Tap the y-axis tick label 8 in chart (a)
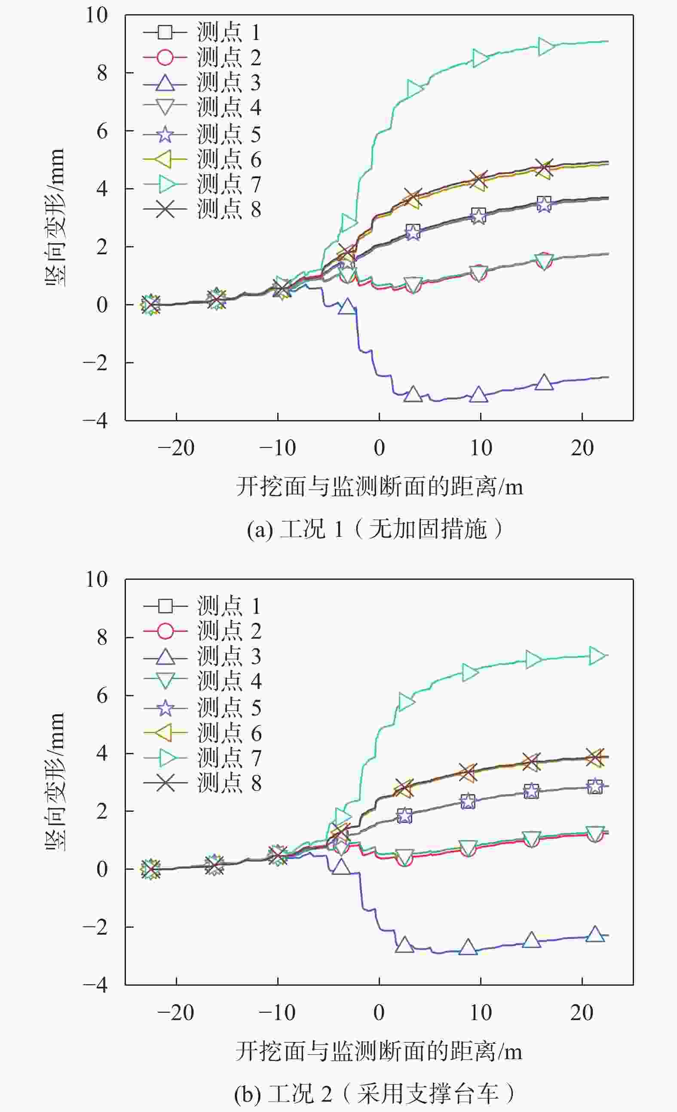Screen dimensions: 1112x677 tap(102, 73)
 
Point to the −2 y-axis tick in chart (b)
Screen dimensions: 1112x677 tap(96, 927)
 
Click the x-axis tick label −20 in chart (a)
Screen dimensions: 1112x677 tap(176, 448)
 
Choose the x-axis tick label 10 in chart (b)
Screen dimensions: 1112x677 tap(481, 1013)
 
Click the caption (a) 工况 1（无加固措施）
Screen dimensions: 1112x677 tap(374, 529)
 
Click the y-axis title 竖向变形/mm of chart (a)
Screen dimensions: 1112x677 tap(55, 217)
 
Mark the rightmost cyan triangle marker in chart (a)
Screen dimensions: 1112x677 tap(546, 46)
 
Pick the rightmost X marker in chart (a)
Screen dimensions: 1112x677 tap(544, 168)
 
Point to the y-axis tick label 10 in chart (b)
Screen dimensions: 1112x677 tap(97, 579)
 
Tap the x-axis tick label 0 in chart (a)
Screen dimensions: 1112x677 tap(380, 448)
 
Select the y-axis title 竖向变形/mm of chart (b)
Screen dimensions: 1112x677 tap(55, 782)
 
